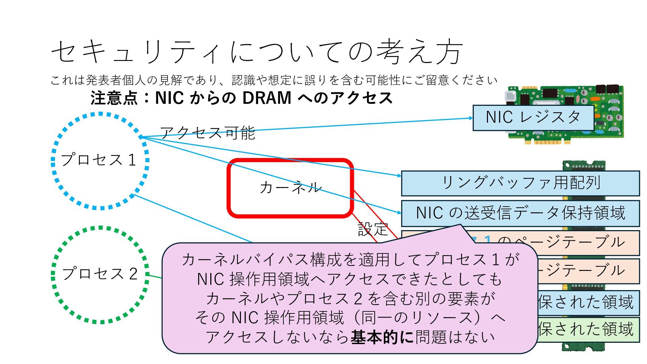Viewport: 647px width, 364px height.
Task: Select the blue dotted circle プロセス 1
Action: (100, 160)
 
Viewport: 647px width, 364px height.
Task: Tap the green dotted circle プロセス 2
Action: (100, 274)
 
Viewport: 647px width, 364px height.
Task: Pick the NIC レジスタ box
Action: (533, 118)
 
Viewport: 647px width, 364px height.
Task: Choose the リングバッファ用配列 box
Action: (520, 183)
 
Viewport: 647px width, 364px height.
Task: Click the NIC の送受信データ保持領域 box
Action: (520, 213)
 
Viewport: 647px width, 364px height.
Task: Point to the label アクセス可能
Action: (208, 133)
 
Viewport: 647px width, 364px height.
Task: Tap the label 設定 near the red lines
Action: (373, 230)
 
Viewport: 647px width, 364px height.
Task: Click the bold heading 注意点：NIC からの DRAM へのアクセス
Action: (242, 98)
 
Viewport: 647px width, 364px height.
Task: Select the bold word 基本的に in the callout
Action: (382, 337)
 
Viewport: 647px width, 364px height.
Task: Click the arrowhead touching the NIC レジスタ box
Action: (471, 118)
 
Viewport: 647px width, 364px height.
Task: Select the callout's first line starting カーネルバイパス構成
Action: (350, 260)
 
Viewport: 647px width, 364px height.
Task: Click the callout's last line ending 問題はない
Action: (350, 337)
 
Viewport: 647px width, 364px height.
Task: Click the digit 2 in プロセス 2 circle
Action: (133, 274)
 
